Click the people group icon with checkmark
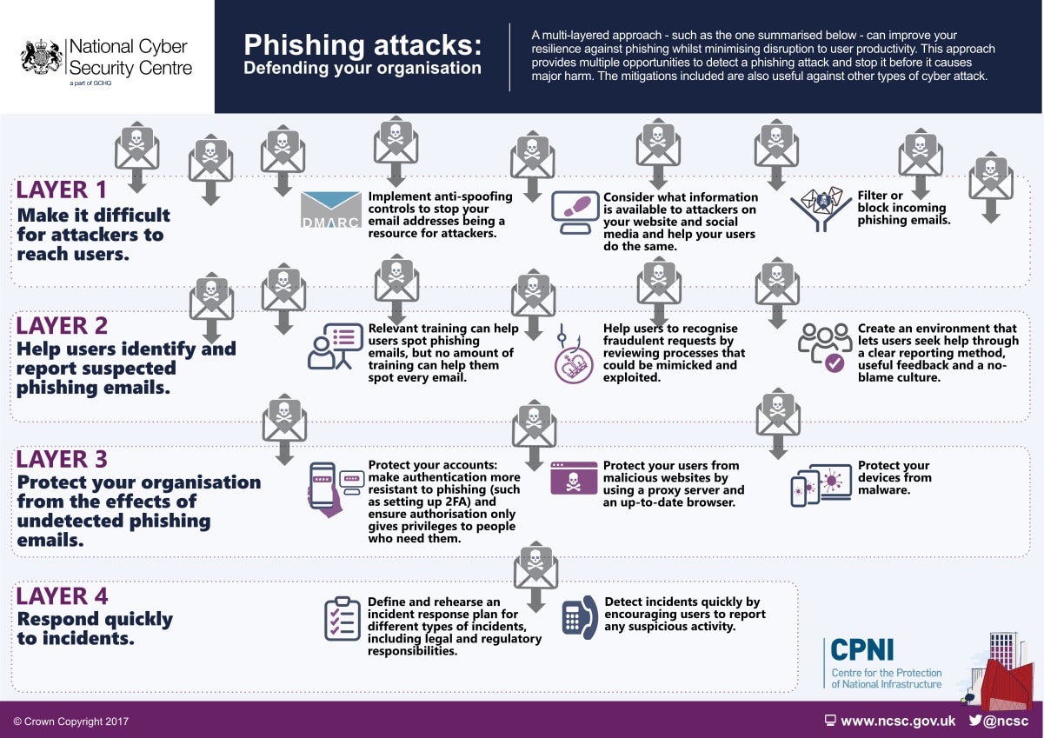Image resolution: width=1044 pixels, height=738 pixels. pyautogui.click(x=824, y=347)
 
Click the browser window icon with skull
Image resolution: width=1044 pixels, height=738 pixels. pyautogui.click(x=574, y=478)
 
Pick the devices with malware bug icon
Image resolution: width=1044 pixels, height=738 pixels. pyautogui.click(x=821, y=485)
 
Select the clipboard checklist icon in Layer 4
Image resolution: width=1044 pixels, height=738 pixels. pyautogui.click(x=342, y=618)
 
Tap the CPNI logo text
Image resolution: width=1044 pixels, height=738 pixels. pyautogui.click(x=862, y=650)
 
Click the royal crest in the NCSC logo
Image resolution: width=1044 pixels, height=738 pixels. pyautogui.click(x=42, y=56)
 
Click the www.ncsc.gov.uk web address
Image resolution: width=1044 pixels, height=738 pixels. pyautogui.click(x=897, y=721)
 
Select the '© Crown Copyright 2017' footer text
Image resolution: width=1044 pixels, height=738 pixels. pyautogui.click(x=70, y=721)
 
